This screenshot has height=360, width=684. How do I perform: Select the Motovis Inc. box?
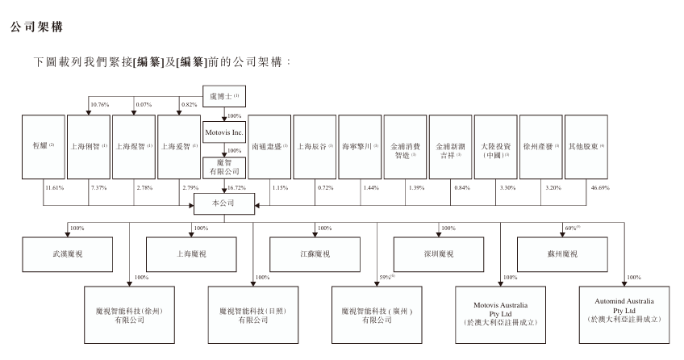click(224, 130)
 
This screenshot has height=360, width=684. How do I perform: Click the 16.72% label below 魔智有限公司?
click(240, 187)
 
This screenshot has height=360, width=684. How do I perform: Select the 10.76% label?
click(99, 104)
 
